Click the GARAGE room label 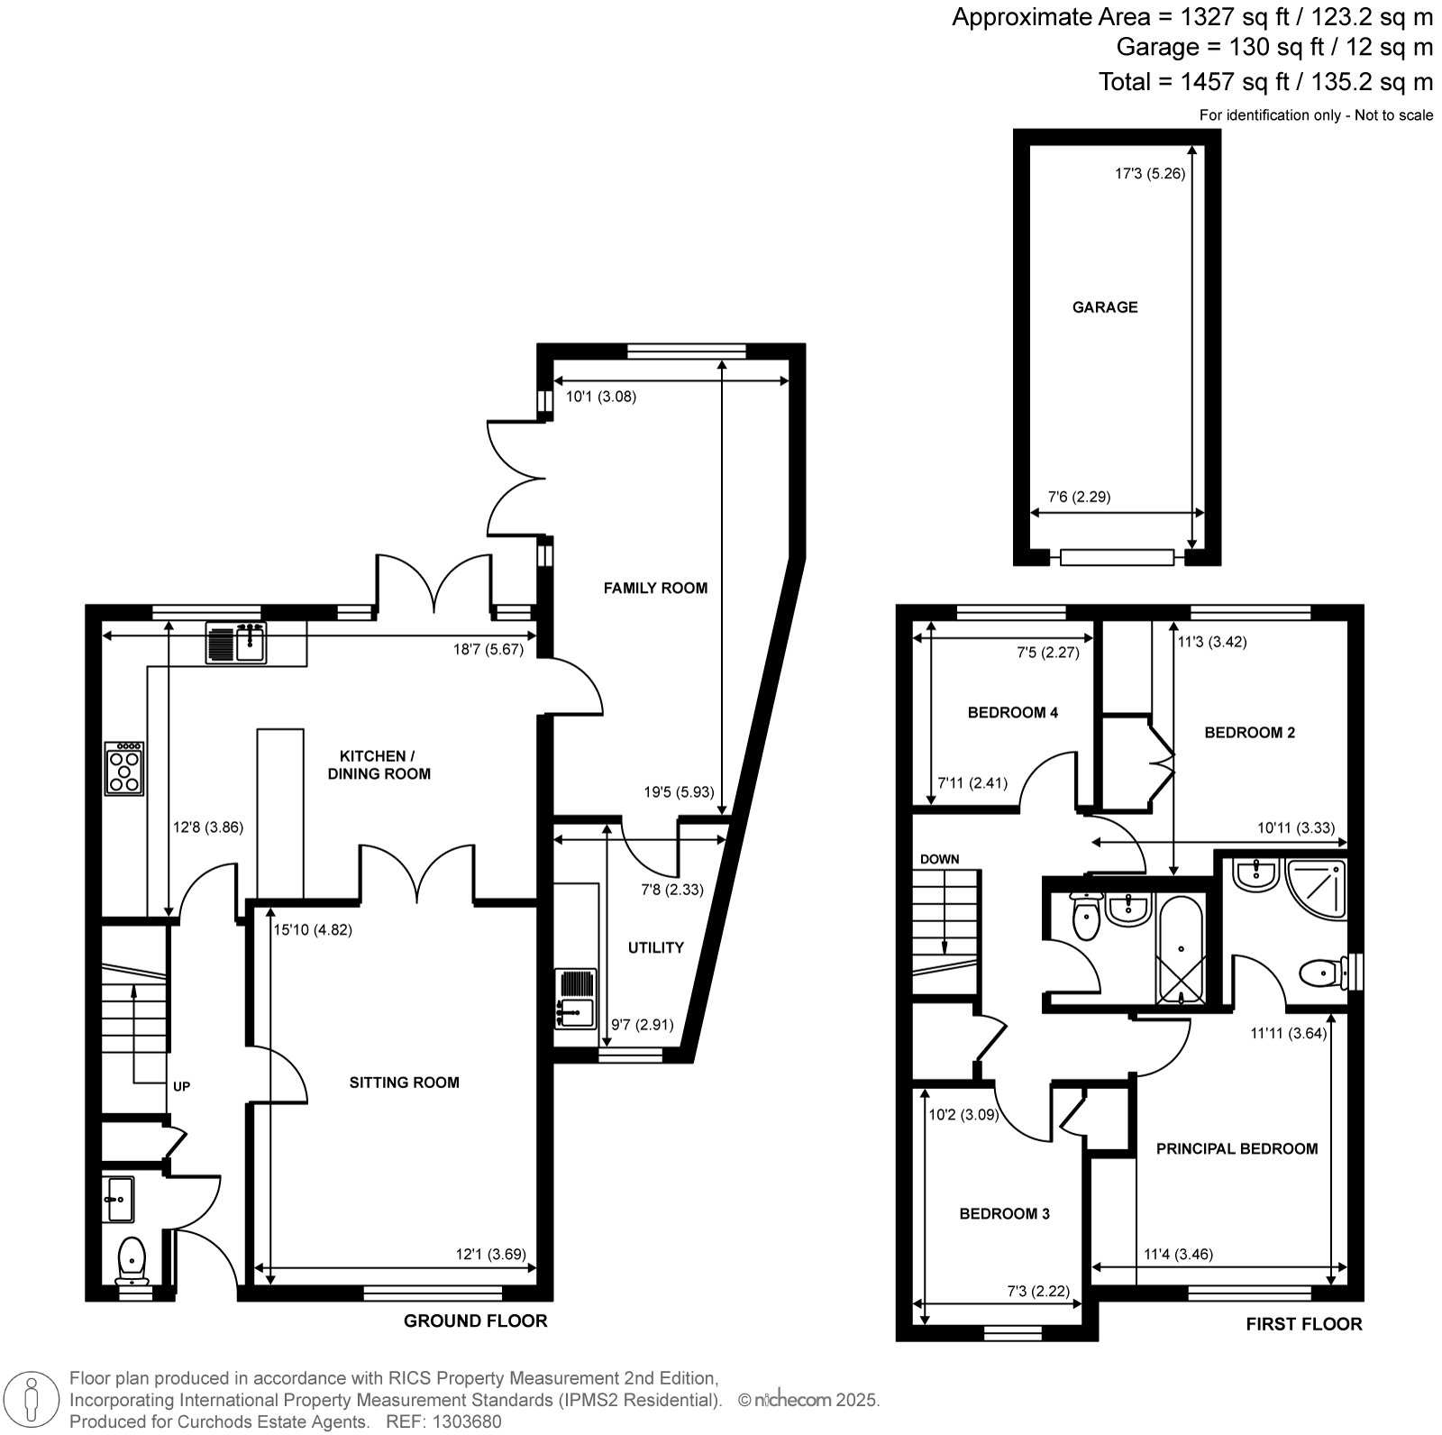(1104, 307)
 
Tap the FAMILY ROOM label (655, 588)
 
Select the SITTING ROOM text (405, 1083)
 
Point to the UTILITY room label (656, 947)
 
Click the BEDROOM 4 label (1013, 712)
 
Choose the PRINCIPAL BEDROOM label (1237, 1148)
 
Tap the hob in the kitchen (124, 768)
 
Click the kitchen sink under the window (236, 643)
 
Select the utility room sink (576, 999)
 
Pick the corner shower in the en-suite (1316, 890)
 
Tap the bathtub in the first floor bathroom (1180, 950)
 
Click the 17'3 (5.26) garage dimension (1150, 174)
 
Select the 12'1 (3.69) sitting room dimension (491, 1254)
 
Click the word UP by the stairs (181, 1086)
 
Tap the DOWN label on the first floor (939, 859)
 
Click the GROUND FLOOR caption (475, 1321)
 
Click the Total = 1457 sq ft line (1265, 82)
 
